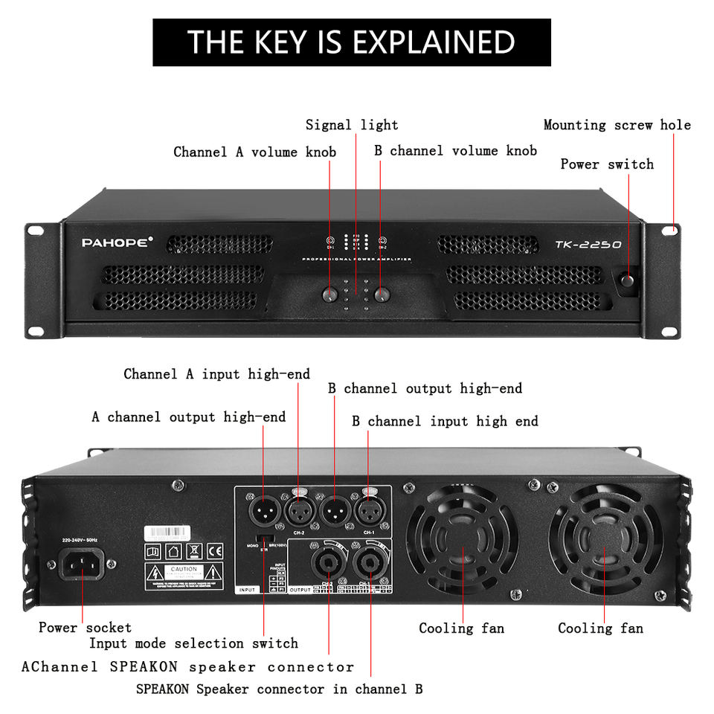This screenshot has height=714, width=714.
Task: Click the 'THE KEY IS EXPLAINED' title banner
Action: (x=351, y=42)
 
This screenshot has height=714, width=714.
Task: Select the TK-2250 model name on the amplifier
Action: (x=588, y=245)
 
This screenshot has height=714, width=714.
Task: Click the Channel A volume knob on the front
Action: (x=331, y=295)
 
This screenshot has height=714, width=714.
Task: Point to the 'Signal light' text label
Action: (x=352, y=125)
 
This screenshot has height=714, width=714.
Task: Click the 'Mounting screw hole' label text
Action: (x=617, y=125)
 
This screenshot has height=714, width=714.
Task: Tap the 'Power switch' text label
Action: (x=607, y=164)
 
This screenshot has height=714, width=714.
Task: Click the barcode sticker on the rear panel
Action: (x=167, y=533)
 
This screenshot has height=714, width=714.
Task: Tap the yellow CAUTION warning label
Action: (x=184, y=573)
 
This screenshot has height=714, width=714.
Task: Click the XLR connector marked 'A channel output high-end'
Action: (x=264, y=512)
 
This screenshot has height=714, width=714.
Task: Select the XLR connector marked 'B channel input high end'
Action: (x=369, y=512)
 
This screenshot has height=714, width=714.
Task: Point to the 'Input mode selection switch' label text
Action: (x=193, y=643)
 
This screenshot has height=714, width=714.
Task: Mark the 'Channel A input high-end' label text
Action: (x=216, y=373)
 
